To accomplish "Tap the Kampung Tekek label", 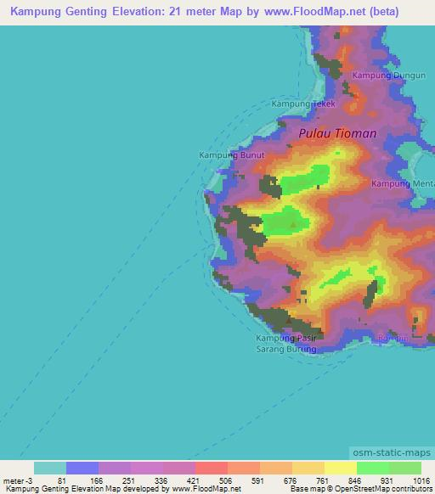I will (x=303, y=104).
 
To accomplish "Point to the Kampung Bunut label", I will (x=232, y=155).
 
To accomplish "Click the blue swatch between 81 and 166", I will (x=82, y=468).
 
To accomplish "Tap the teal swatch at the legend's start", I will (x=50, y=468).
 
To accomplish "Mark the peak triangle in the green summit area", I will (x=294, y=225).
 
